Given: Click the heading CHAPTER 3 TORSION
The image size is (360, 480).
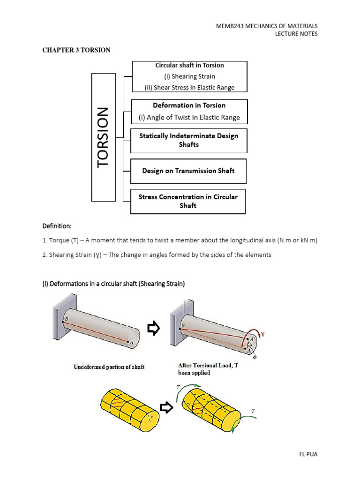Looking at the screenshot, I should (x=77, y=50).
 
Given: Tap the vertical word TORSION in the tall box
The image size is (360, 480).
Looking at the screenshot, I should (x=103, y=137).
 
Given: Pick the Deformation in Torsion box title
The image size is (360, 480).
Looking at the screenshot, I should (x=189, y=105).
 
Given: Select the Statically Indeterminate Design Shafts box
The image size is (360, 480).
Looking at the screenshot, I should (x=188, y=140).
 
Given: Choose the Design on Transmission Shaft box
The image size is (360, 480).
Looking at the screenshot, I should (x=188, y=171).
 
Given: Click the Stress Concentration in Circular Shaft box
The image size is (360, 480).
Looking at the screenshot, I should (x=187, y=201).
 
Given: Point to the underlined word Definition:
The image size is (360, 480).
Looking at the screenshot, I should (x=57, y=226).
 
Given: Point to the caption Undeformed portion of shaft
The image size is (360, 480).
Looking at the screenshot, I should (x=109, y=367).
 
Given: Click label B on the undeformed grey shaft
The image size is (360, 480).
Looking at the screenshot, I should (x=67, y=317).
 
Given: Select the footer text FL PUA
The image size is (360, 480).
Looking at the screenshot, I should (x=307, y=454).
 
